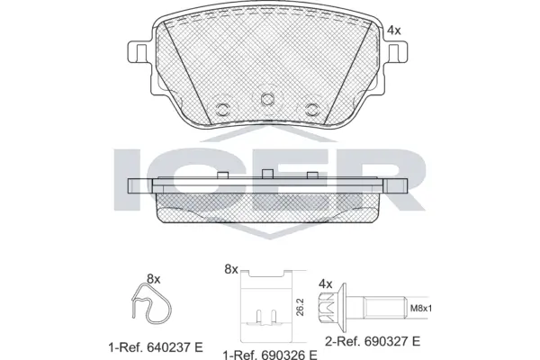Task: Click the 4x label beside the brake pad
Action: [x=392, y=31]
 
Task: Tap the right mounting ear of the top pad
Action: [x=396, y=51]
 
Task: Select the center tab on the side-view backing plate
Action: [x=266, y=173]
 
